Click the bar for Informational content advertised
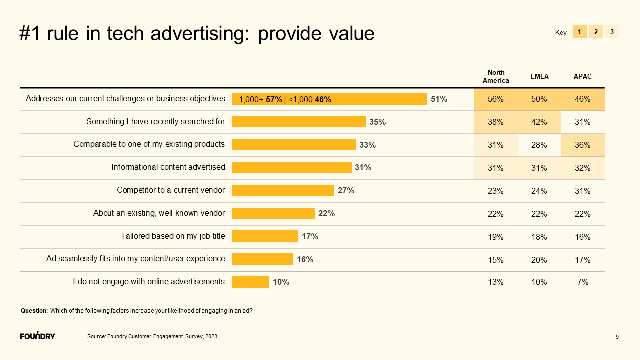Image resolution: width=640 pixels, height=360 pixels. [292, 167]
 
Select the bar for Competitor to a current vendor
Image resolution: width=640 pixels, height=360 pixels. [283, 190]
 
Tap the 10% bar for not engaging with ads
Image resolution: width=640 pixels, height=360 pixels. [250, 282]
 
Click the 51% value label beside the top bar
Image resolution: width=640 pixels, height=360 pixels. [439, 99]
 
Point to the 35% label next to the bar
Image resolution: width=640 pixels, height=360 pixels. [378, 122]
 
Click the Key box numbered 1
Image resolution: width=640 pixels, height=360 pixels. [579, 32]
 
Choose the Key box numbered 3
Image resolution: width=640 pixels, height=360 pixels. [612, 32]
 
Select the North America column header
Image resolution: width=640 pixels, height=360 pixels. [496, 76]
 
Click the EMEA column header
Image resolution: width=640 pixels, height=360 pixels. [539, 77]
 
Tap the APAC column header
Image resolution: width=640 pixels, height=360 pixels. [582, 77]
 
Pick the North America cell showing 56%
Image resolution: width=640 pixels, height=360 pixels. [496, 99]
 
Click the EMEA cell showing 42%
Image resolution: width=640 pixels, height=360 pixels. [539, 122]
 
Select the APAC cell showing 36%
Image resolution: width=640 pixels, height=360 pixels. [583, 145]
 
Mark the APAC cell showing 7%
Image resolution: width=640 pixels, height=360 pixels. [583, 282]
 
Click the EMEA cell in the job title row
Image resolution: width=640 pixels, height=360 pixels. [539, 237]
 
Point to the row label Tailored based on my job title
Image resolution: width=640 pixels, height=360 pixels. [173, 236]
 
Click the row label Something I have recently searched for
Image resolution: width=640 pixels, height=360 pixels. [155, 121]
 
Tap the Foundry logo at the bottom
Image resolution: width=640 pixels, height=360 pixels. [38, 336]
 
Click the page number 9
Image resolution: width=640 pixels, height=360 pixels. [617, 337]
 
